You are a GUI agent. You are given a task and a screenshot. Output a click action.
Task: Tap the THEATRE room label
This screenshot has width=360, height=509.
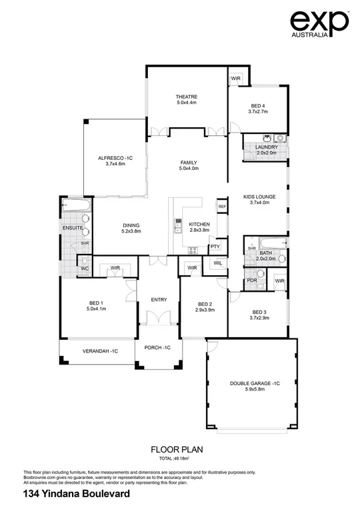[187, 97]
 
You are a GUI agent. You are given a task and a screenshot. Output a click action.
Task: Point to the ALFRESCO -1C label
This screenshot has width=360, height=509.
[115, 157]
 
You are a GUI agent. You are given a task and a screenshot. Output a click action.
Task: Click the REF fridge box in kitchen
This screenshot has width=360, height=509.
[222, 207]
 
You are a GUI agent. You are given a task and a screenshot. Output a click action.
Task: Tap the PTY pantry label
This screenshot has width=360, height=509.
[215, 247]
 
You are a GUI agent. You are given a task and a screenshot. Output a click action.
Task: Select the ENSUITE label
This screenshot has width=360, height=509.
[73, 228]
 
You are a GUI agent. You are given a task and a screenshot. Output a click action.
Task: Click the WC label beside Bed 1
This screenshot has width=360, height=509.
[85, 268]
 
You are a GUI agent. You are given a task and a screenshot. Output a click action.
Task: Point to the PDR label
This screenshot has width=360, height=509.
[252, 280]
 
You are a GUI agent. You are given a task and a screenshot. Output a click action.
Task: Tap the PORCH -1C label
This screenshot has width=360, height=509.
[158, 348]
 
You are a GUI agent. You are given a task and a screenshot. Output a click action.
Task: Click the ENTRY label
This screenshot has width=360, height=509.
[158, 299]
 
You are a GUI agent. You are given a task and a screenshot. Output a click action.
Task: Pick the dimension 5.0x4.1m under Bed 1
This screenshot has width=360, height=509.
[97, 309]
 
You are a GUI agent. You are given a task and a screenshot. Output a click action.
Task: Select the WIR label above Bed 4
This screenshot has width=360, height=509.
[235, 79]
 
